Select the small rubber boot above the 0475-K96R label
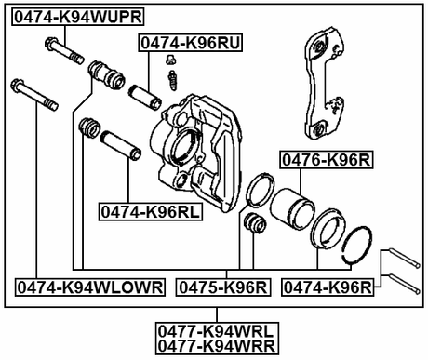tap(250, 224)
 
